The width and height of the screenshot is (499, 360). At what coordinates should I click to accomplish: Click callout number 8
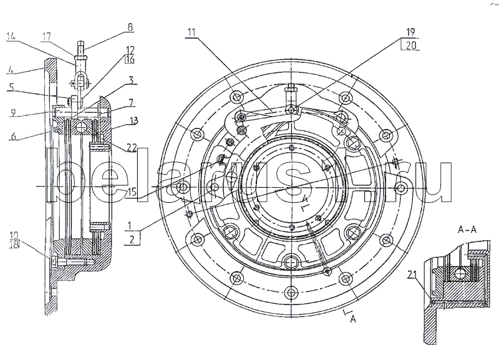[130, 27]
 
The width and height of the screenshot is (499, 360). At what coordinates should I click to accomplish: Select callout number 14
[11, 36]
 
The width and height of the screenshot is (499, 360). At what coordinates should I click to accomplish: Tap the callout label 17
[46, 37]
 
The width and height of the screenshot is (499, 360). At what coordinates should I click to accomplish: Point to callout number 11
[191, 32]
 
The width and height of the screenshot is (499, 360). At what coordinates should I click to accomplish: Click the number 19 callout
[410, 32]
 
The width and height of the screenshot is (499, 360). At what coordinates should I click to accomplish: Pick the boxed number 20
[411, 46]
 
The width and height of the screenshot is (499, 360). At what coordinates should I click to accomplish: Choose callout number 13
[134, 121]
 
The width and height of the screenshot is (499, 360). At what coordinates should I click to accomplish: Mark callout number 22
[132, 148]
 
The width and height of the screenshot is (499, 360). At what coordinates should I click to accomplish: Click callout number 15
[132, 192]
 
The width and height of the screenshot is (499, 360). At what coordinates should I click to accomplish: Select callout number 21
[412, 275]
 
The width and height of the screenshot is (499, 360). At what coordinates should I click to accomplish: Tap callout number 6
[13, 136]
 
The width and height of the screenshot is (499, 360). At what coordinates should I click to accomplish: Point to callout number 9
[12, 112]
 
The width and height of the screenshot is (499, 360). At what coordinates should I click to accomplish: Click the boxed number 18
[14, 245]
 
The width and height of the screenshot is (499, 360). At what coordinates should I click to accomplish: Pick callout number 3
[131, 80]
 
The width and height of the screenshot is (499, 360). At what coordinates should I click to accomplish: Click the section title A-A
[467, 229]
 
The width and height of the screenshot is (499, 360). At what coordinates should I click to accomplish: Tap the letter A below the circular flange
[353, 319]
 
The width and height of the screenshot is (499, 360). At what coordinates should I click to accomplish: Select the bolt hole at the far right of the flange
[401, 188]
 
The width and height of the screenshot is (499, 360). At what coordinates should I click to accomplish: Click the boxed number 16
[130, 59]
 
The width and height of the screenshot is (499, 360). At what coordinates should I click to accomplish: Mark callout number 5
[11, 87]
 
